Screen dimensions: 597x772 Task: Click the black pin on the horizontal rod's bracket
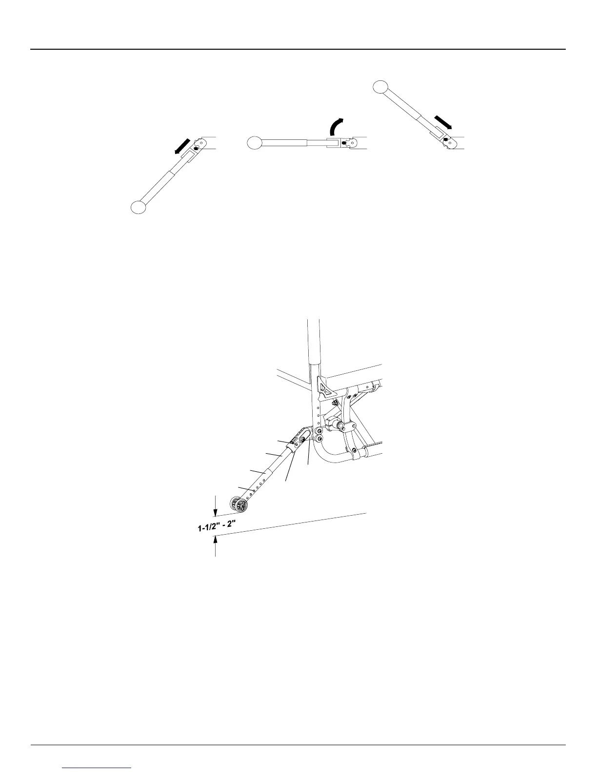(345, 143)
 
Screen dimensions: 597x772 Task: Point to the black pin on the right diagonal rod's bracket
(446, 140)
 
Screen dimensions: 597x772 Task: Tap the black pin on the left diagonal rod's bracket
(196, 149)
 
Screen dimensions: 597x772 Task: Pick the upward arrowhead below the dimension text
(215, 540)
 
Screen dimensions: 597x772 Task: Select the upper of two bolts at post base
(318, 432)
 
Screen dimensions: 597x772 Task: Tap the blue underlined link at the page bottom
(97, 767)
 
